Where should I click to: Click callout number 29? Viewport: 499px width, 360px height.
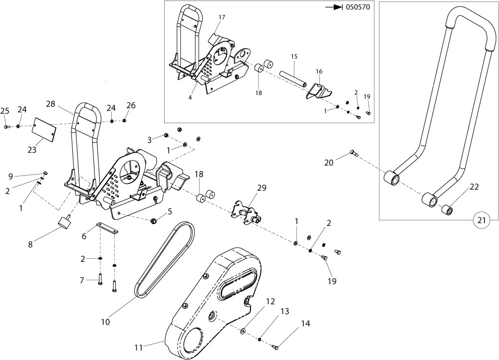[261, 188]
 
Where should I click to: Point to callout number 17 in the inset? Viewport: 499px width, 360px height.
[222, 17]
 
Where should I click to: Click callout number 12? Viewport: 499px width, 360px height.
[270, 301]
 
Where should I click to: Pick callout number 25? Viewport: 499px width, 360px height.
[5, 110]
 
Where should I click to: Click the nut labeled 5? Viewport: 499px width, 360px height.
[154, 220]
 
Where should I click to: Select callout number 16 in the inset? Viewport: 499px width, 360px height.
[318, 71]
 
